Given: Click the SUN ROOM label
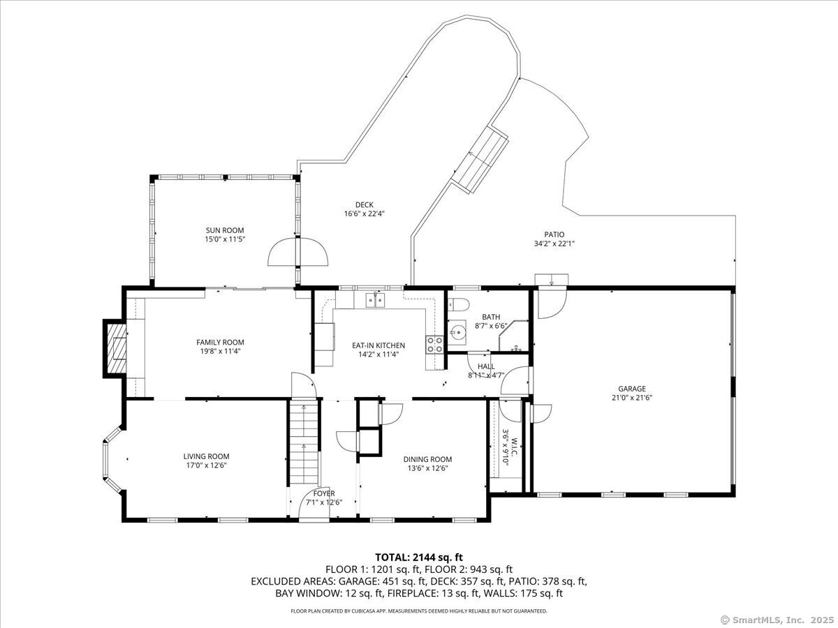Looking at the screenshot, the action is coord(224,230).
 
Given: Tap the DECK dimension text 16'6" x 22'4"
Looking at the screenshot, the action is coord(365,214).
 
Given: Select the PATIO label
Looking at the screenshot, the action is coord(554,234).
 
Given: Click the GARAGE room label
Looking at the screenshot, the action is coord(632,389).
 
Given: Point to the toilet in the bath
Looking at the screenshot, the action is coord(459,305).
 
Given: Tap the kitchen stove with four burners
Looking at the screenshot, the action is coord(435,345).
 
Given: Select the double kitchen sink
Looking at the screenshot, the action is coord(376,300).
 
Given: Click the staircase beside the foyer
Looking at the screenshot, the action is coord(304,442).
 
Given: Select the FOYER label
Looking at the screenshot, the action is coord(324,493).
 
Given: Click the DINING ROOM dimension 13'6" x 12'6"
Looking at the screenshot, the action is coord(427,468).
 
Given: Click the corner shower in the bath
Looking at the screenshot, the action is coord(513,336).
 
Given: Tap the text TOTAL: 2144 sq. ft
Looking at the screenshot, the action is coord(419,558).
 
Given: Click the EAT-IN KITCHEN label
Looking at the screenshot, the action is coord(378,345).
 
